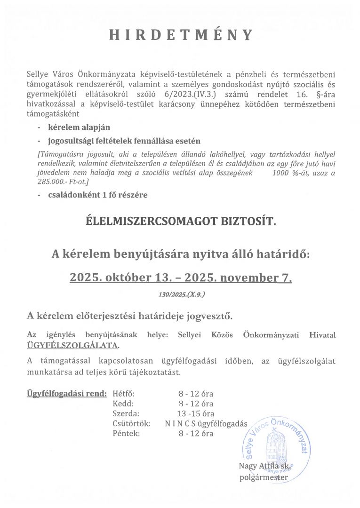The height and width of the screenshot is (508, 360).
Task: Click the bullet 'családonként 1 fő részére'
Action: [x=97, y=195]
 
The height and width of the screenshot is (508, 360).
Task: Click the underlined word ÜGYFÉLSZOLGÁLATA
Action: [x=72, y=346]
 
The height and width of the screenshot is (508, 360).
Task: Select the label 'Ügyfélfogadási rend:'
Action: [x=67, y=393]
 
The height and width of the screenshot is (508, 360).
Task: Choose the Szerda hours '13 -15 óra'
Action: [x=193, y=413]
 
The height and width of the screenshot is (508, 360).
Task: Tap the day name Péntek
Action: [x=126, y=433]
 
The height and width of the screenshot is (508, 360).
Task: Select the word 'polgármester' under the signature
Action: [x=264, y=478]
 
